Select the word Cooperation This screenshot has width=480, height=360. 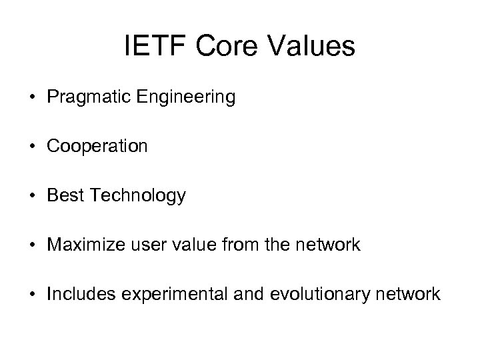click(x=97, y=147)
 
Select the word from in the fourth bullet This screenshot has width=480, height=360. click(x=220, y=245)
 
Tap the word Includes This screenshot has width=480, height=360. click(x=75, y=294)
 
